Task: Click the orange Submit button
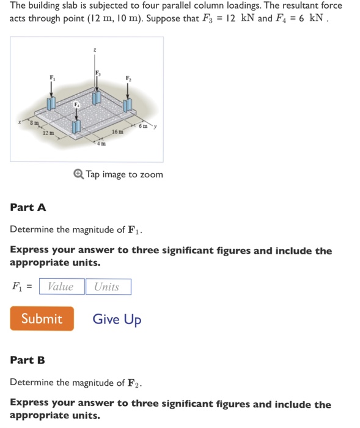(42, 319)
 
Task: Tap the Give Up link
(117, 319)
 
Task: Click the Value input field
(61, 287)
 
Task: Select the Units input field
(108, 287)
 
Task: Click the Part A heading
(28, 207)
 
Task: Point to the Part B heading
(28, 360)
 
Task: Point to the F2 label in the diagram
(128, 77)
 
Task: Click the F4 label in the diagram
(76, 105)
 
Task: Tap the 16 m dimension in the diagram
(118, 131)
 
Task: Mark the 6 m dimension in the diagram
(142, 126)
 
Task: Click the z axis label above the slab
(94, 50)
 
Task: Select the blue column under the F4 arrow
(76, 127)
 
